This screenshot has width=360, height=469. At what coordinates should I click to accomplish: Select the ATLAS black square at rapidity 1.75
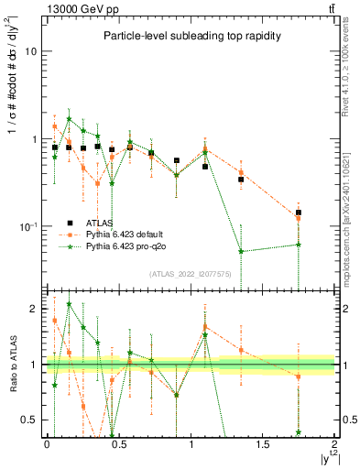299,213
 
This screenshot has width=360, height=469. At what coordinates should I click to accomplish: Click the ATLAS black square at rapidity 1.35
241,180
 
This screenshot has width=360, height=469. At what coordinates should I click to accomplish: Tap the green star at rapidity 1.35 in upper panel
241,251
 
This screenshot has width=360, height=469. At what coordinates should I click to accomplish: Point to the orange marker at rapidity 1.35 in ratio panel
241,350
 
